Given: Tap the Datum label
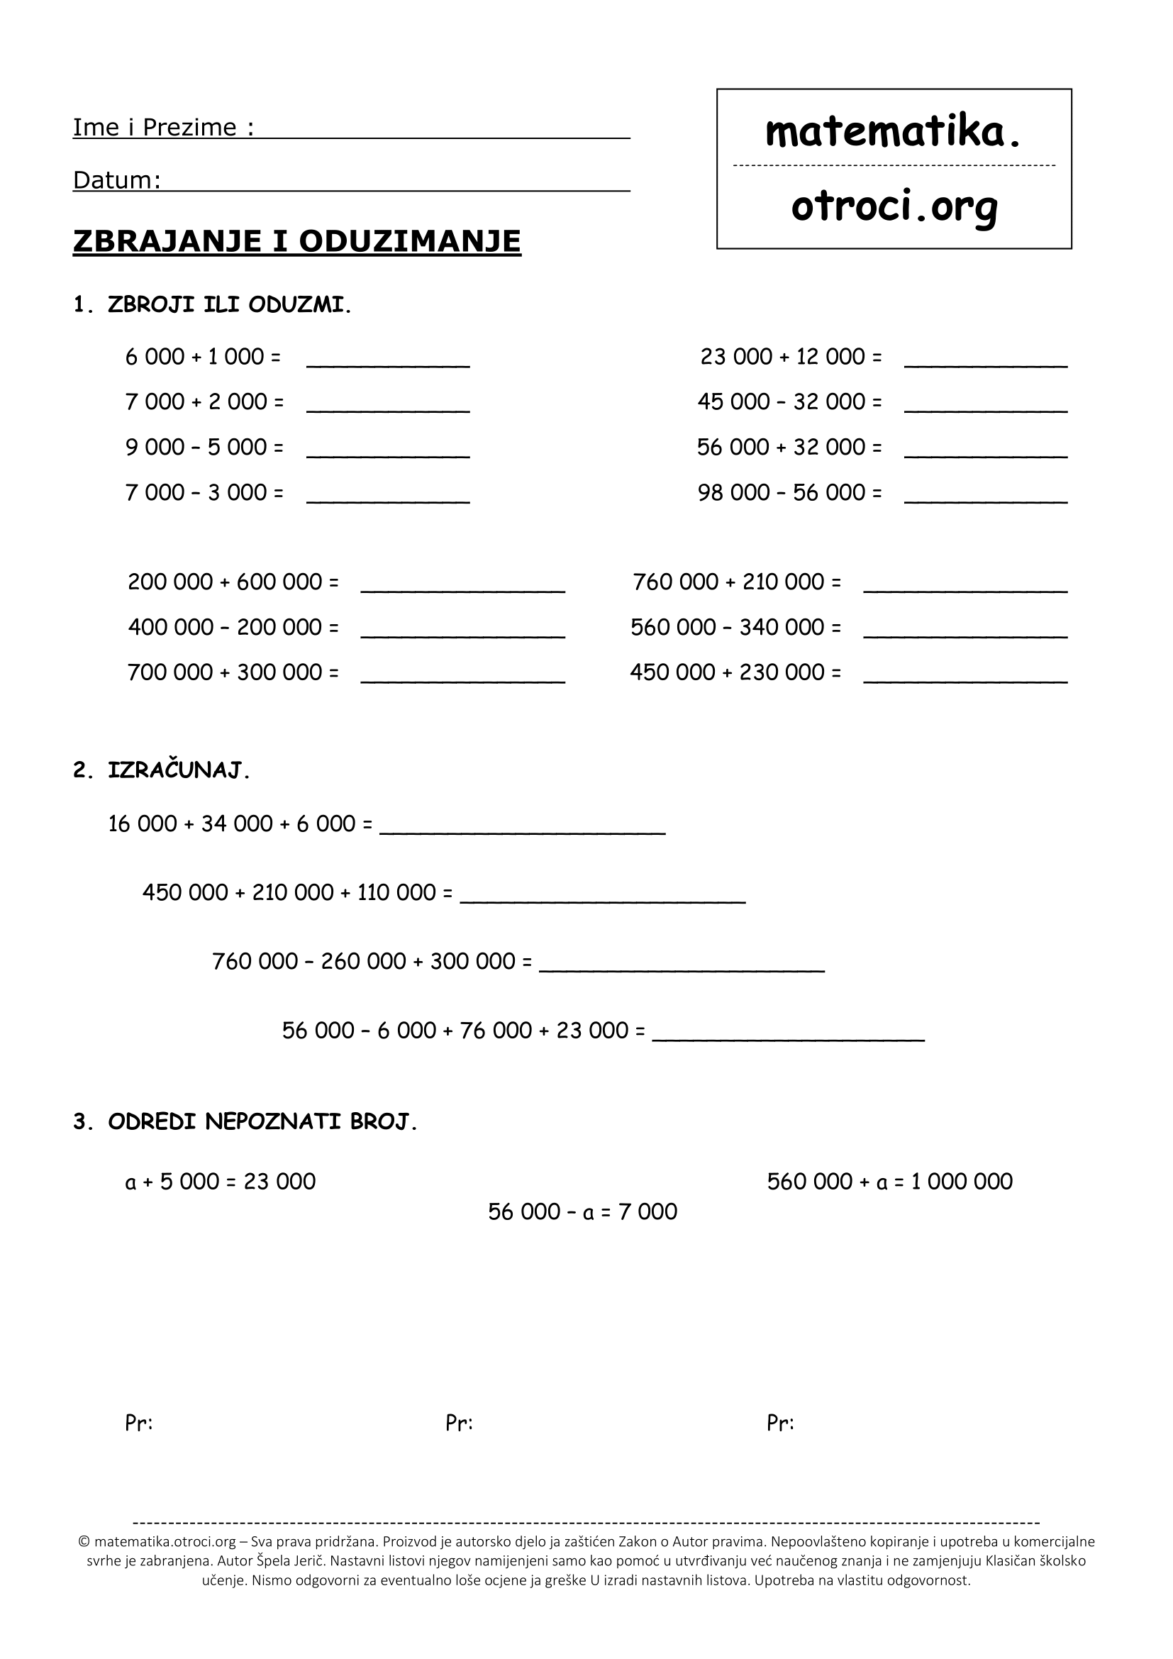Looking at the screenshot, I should tap(116, 180).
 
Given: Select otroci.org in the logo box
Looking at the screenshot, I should tap(894, 207).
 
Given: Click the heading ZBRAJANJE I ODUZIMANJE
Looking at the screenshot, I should tap(297, 241).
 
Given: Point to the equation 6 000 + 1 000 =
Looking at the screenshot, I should tap(203, 357).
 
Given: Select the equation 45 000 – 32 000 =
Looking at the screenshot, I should tap(789, 401).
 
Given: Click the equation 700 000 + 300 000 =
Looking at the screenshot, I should tap(233, 672).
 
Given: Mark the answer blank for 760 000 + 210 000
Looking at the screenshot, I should tap(965, 584).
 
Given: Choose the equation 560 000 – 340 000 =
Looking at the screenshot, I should tap(735, 627).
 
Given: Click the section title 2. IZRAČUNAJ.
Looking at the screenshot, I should tap(162, 771).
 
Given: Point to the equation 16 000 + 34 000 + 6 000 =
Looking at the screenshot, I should tap(240, 823).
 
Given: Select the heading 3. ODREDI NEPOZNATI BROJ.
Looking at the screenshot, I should tap(245, 1121).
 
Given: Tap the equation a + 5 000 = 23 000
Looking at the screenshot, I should tap(221, 1182).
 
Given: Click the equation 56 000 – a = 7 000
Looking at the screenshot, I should tap(582, 1211).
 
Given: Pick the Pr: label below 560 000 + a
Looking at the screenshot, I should tap(780, 1424).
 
